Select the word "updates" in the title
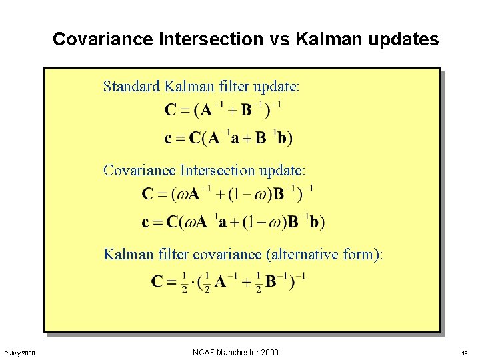(x=409, y=40)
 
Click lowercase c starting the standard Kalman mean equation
(x=168, y=139)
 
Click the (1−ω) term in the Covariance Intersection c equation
(x=271, y=221)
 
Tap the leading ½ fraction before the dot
(x=184, y=282)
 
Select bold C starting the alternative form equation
(x=158, y=281)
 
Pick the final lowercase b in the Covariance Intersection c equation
(x=313, y=221)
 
